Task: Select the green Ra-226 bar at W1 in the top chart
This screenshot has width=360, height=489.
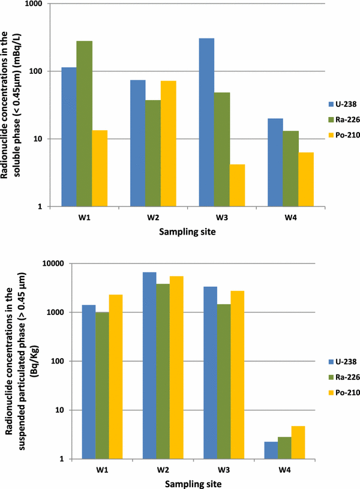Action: pos(85,124)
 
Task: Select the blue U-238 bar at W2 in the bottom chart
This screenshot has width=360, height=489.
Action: pos(149,366)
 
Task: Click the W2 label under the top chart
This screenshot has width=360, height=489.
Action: pos(154,217)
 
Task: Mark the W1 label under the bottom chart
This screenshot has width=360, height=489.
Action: pos(103,470)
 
